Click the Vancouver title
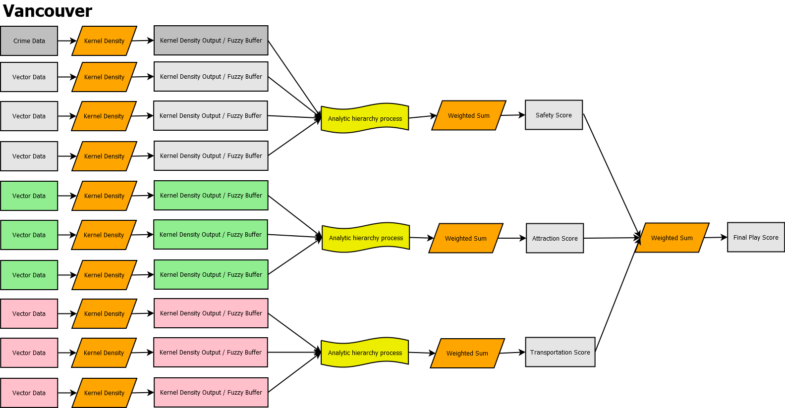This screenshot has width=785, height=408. (x=48, y=11)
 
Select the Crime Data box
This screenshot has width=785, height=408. (x=29, y=41)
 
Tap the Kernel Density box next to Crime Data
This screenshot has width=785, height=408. (x=104, y=41)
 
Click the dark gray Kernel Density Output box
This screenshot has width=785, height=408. (x=211, y=41)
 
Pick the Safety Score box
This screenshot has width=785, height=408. (x=554, y=115)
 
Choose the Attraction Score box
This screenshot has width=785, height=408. (x=555, y=238)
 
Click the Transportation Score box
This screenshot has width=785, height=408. (x=560, y=352)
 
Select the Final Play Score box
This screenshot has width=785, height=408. (x=756, y=237)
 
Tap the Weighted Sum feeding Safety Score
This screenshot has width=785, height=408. (x=468, y=115)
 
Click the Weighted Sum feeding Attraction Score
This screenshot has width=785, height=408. (x=465, y=238)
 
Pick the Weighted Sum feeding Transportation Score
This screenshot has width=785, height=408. (x=467, y=353)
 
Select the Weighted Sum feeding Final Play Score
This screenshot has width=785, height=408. (x=672, y=238)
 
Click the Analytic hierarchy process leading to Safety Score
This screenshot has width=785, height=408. (x=365, y=118)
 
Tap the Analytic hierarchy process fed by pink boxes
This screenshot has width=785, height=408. (x=365, y=353)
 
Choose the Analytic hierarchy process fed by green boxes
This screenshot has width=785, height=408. (x=366, y=238)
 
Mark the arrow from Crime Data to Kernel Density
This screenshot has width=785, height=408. (x=67, y=41)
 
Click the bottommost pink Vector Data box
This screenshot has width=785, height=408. (x=29, y=393)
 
